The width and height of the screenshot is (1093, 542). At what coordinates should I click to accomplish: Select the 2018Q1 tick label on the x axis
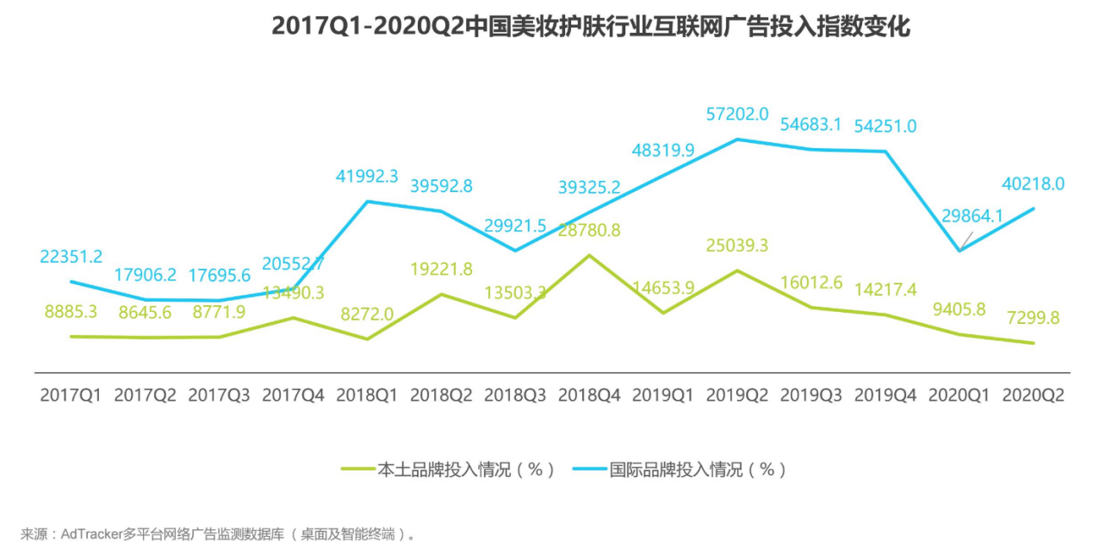[x=367, y=396]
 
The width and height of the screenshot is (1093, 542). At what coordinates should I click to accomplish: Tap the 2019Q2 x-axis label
[x=737, y=396]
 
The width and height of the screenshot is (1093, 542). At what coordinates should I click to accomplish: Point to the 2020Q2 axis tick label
[x=1034, y=396]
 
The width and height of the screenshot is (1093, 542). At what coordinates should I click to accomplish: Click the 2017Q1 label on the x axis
[x=71, y=396]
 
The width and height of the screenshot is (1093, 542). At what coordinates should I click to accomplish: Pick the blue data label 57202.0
[x=737, y=114]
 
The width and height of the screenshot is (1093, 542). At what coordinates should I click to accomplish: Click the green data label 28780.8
[x=589, y=230]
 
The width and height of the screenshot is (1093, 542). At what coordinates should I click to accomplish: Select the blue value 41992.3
[x=367, y=176]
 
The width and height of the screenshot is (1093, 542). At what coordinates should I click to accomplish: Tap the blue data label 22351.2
[x=71, y=256]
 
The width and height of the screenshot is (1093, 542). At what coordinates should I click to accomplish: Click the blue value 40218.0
[x=1034, y=184]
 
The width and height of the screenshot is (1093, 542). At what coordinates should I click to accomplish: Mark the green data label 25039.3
[x=737, y=246]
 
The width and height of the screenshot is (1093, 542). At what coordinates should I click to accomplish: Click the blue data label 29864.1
[x=972, y=216]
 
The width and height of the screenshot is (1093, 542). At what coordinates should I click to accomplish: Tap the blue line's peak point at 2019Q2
[x=737, y=139]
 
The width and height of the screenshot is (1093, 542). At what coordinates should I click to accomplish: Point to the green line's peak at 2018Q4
[x=589, y=255]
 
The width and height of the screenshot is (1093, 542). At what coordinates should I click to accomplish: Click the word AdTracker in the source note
[x=92, y=534]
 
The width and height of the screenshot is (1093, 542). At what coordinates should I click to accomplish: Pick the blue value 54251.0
[x=885, y=127]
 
